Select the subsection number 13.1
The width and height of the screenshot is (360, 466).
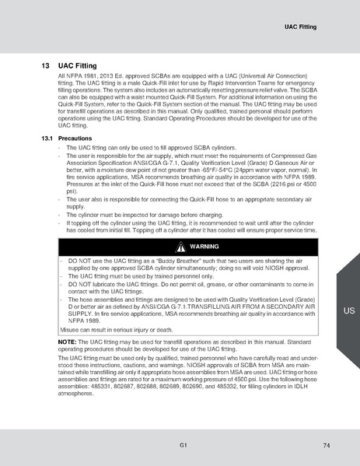tap(46, 138)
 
